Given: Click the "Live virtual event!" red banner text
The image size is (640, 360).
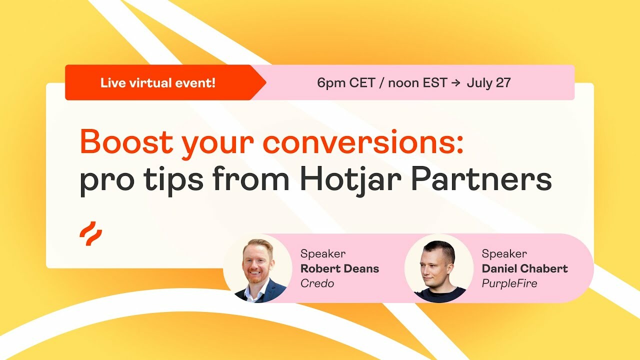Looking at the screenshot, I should click(x=158, y=82).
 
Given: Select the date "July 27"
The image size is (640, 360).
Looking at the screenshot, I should click(x=488, y=83).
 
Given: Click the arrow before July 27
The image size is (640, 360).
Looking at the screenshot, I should click(x=455, y=83).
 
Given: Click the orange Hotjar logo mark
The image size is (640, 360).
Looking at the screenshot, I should click(x=90, y=233).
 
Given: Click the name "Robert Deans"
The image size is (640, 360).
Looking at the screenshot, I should click(x=339, y=268).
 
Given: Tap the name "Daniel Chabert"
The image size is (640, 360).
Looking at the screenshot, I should click(x=524, y=268).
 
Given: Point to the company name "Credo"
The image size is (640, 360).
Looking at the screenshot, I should click(x=317, y=283).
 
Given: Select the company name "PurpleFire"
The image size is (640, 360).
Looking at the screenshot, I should click(x=509, y=283).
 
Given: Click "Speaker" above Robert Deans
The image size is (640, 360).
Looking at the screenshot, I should click(x=322, y=253).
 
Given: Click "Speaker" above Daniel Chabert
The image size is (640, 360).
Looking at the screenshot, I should click(x=504, y=253).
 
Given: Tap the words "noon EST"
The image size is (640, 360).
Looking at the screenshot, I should click(x=417, y=83).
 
